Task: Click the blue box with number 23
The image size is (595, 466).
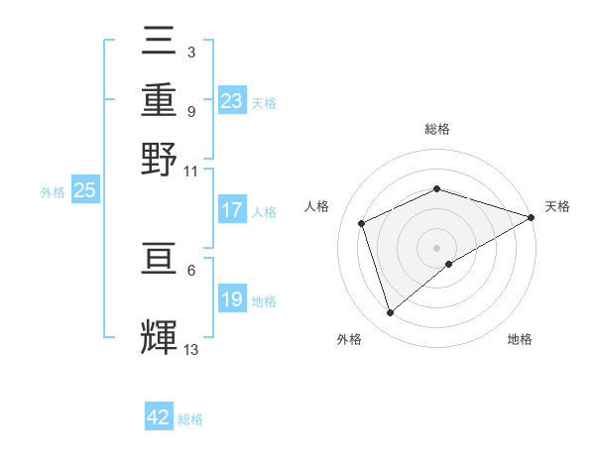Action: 232,101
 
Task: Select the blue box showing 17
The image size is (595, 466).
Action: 232,210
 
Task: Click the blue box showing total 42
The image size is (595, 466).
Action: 159,417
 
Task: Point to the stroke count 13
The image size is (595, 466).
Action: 191,349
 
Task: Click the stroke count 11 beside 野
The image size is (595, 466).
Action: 191,171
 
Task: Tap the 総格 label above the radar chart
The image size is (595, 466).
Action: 437,129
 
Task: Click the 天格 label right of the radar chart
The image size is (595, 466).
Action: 557,206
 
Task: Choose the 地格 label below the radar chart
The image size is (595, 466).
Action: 520,339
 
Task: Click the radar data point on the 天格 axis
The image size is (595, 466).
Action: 532,217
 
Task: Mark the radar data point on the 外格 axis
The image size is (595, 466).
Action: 390,313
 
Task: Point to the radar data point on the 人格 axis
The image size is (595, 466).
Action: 362,223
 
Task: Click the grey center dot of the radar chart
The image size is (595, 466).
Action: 437,247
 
